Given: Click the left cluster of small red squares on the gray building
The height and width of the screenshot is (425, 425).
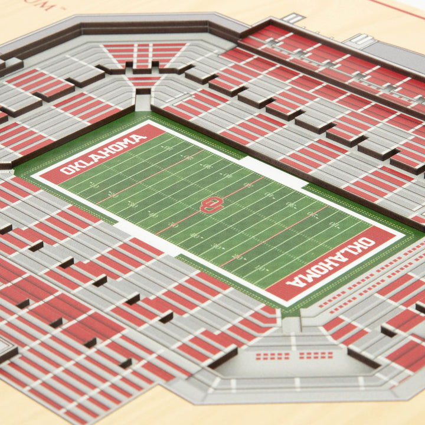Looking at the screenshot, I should point(272,356).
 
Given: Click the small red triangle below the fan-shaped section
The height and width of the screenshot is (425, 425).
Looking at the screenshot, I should point(143,79).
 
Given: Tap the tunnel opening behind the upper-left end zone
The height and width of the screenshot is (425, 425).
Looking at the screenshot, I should point(143,102).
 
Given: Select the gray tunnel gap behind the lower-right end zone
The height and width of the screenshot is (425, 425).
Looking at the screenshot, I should point(290,323).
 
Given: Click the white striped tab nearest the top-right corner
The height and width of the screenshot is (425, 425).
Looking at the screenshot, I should point(361,41).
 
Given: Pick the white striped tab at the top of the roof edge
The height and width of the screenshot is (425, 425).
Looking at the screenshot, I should point(292,18).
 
